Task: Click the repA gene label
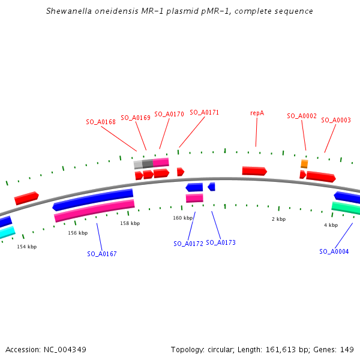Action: [x=257, y=113]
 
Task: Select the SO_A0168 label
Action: [x=101, y=122]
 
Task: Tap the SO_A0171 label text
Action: [x=205, y=113]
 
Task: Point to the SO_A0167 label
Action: [x=102, y=254]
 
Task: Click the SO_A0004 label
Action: [x=334, y=251]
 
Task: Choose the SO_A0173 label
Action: [x=221, y=242]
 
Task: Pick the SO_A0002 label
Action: [x=302, y=116]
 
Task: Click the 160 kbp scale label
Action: [x=183, y=218]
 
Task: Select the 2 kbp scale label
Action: [x=279, y=219]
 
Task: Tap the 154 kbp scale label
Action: [x=27, y=247]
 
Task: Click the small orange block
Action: [x=304, y=164]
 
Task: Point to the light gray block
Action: [x=138, y=164]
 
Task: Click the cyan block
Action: [x=7, y=232]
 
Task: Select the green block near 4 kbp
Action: [x=346, y=208]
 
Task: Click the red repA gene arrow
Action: [x=254, y=171]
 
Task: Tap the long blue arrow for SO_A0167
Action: [x=93, y=199]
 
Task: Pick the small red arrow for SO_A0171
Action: [x=181, y=172]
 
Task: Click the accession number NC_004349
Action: [x=65, y=350]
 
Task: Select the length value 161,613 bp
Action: [x=287, y=350]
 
